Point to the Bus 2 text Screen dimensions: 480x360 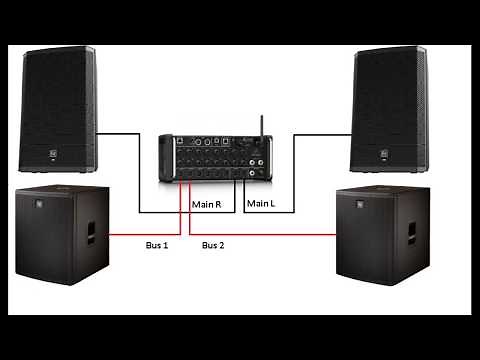pos(214,244)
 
